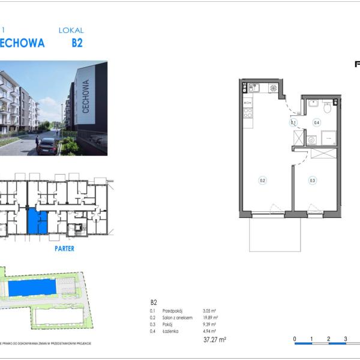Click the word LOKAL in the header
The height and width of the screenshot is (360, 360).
(x=71, y=30)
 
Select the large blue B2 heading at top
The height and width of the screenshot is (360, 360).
(x=77, y=43)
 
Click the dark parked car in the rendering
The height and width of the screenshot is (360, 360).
(x=47, y=146)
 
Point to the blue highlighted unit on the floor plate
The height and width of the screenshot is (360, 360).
(x=37, y=221)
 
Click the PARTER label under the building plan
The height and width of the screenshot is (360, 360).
(x=64, y=248)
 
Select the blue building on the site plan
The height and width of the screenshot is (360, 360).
(x=34, y=288)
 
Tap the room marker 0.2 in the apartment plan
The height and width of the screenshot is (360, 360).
(x=262, y=179)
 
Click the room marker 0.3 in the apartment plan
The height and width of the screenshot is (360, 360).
(x=312, y=179)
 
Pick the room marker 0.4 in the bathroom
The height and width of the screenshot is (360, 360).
(x=316, y=123)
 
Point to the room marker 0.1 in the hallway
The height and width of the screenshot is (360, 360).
(x=293, y=123)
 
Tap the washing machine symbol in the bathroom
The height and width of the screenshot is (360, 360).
(x=311, y=140)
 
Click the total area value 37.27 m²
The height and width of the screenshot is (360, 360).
(x=215, y=340)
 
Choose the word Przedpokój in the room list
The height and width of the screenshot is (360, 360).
(x=174, y=311)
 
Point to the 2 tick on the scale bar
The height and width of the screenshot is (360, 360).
(x=329, y=339)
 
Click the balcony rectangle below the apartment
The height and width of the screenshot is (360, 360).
(x=275, y=233)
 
